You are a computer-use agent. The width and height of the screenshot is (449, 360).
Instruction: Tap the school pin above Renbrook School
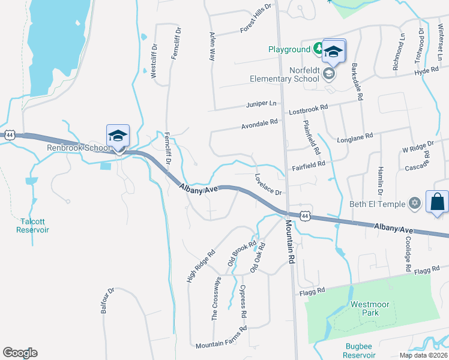coord(118,136)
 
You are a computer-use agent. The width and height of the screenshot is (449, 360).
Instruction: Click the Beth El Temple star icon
coord(414,204)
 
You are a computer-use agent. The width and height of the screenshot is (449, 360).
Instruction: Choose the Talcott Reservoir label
coord(32,225)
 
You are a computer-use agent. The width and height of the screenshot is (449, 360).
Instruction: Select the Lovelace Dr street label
coord(268,185)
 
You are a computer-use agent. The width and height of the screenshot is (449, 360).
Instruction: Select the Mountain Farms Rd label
coord(221,337)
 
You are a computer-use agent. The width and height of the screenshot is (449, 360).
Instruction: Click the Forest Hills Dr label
coord(256,18)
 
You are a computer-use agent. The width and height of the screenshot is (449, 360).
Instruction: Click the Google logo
coord(20,352)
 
